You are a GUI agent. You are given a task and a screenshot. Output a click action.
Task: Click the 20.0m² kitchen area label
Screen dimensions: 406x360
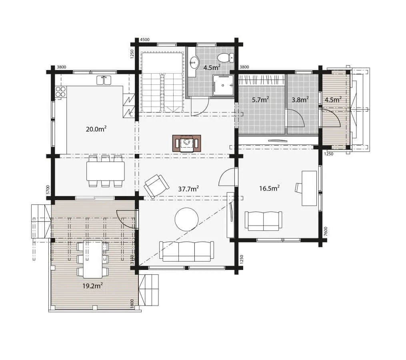click(96, 129)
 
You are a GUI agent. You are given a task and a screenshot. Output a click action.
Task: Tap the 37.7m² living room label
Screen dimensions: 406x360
click(188, 189)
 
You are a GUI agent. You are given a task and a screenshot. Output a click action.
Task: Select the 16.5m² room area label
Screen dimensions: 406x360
click(269, 188)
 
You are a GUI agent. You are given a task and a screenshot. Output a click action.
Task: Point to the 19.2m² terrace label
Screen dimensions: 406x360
click(93, 286)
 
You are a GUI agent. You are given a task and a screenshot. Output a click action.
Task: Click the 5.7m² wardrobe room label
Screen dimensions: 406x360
click(260, 100)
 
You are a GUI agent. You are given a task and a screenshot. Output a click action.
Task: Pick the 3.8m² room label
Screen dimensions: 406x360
click(300, 100)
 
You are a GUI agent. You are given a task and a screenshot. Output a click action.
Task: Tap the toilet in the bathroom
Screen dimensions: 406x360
click(226, 58)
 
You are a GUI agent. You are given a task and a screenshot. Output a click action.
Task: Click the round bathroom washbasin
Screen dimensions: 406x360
click(194, 62)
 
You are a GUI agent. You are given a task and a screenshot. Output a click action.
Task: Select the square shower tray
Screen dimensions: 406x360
click(223, 85)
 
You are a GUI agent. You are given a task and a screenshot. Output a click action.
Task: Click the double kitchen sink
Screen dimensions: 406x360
click(104, 80)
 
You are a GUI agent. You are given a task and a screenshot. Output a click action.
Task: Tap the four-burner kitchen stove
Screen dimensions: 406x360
click(61, 92)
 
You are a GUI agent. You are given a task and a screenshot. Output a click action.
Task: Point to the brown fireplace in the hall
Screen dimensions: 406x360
click(187, 143)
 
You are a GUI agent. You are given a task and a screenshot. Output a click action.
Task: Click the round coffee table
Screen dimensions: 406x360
click(187, 219)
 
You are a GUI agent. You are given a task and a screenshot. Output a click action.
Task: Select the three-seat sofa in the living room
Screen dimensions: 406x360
click(187, 251)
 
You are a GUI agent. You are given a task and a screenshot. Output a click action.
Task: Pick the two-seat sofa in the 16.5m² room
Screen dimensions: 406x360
click(263, 221)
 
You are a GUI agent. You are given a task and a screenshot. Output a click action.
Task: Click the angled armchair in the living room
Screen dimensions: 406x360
click(156, 186)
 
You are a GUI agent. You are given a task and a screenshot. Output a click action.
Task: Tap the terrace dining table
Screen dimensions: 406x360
click(93, 259)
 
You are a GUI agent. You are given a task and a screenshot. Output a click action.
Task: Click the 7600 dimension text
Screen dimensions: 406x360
click(326, 231)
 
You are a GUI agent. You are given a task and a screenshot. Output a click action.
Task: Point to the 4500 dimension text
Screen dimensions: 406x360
click(145, 40)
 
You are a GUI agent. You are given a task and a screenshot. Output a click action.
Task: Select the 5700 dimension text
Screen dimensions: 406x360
click(48, 190)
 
